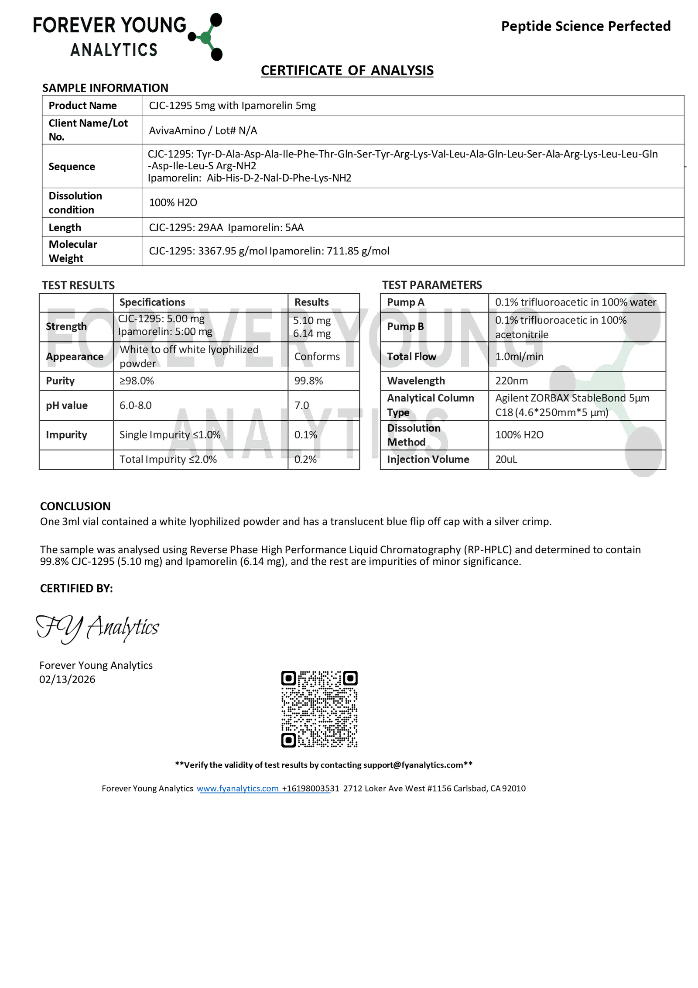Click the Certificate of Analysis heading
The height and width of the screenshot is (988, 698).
click(347, 70)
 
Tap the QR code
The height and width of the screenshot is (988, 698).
click(319, 709)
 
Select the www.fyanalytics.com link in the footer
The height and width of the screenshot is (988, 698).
click(237, 788)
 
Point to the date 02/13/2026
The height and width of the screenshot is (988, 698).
click(67, 679)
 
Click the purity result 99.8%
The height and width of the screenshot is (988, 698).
click(308, 381)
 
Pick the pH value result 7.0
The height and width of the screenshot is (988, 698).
click(301, 405)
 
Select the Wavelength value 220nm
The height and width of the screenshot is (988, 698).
click(511, 381)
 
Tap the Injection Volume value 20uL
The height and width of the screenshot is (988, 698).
click(506, 459)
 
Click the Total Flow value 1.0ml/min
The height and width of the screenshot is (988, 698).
click(519, 357)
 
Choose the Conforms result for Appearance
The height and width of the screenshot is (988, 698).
click(317, 357)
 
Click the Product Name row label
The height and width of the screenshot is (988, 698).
click(82, 106)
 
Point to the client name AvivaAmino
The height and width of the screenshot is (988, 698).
click(177, 130)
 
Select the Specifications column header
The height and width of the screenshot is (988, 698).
click(152, 302)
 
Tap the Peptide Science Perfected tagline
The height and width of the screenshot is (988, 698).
click(585, 26)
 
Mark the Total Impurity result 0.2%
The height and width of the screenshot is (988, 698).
click(305, 459)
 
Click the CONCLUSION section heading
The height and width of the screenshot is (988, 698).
click(75, 506)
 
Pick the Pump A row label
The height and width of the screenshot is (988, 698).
click(405, 302)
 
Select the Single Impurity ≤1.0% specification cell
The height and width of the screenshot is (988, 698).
click(170, 435)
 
